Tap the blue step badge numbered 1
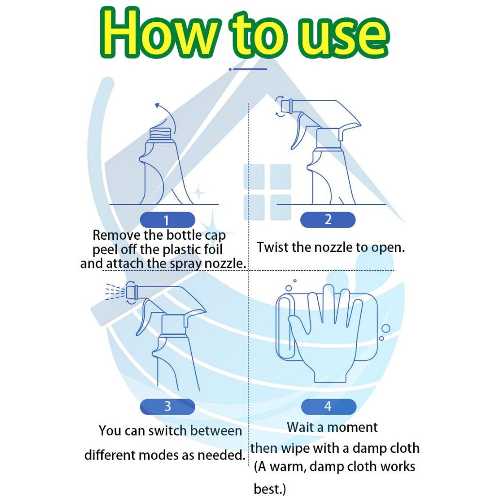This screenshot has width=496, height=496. (x=167, y=220)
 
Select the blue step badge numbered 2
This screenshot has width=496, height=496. (x=328, y=219)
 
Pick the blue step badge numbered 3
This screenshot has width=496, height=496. (x=167, y=406)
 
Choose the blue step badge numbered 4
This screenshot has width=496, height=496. (x=328, y=406)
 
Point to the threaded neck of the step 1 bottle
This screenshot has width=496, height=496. (x=162, y=135)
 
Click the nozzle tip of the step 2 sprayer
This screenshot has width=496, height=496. (x=286, y=106)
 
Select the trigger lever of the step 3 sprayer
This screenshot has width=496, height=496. (x=144, y=316)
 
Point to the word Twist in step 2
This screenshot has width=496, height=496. (x=272, y=248)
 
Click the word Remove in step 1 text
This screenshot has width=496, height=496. (x=116, y=235)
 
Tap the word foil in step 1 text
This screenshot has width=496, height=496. (x=213, y=249)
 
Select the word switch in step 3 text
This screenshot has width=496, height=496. (x=167, y=431)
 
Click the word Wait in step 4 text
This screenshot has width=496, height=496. (x=300, y=427)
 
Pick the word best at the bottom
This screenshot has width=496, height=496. (x=267, y=489)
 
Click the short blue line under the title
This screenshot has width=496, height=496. (x=248, y=69)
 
